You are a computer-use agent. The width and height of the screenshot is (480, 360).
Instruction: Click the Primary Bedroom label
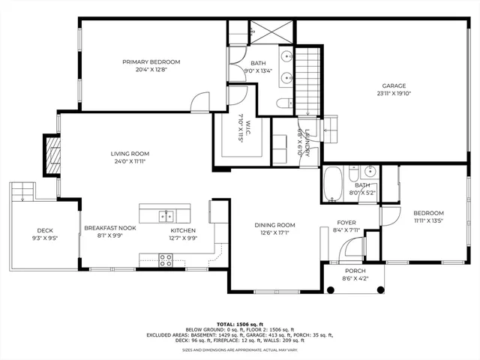point(152,61)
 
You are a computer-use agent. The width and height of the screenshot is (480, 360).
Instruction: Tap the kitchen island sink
point(166,216)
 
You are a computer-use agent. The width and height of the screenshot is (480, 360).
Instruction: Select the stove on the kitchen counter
point(166,259)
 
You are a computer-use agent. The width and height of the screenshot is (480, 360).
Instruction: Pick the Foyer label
point(346,223)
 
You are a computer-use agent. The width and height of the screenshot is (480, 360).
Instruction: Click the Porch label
point(355,271)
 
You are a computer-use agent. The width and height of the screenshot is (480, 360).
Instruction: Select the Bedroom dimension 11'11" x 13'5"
point(429,221)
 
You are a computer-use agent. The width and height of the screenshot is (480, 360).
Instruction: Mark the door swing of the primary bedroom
point(199,103)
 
